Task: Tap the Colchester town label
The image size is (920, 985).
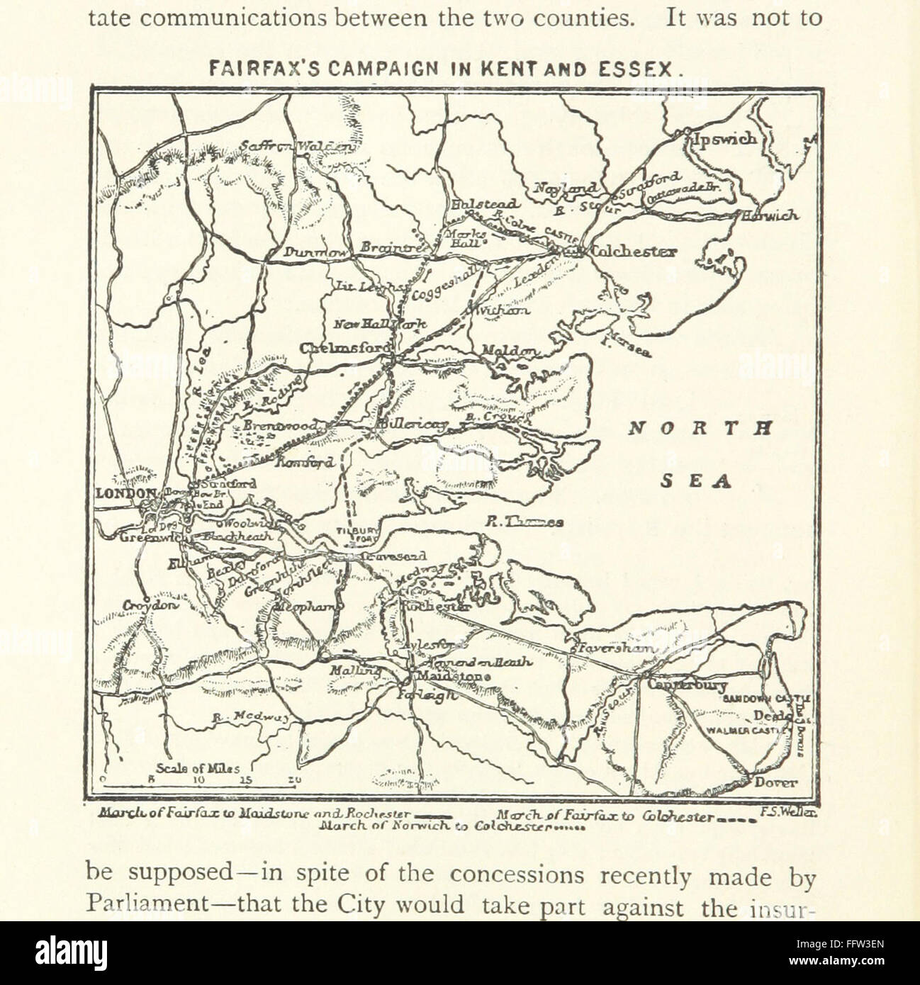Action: (x=633, y=251)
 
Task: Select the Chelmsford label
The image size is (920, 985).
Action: (x=345, y=348)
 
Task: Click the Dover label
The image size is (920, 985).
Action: (x=776, y=783)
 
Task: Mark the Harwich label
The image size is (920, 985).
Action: (x=769, y=216)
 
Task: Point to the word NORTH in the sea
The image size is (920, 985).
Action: (x=699, y=429)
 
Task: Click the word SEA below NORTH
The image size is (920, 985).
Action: (x=696, y=482)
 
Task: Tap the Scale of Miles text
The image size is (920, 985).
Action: (x=199, y=769)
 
